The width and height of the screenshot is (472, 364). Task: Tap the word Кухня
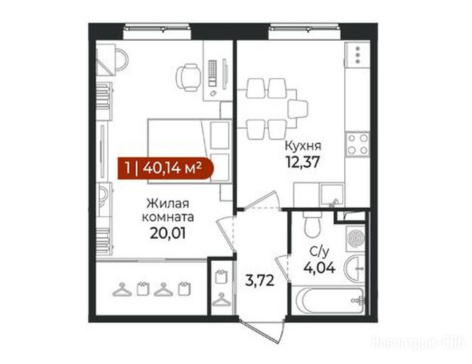(x=303, y=146)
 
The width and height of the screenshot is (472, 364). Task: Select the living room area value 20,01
(x=167, y=233)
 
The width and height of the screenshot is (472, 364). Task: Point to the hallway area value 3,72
(x=259, y=281)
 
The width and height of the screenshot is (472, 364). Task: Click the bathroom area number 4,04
(x=319, y=267)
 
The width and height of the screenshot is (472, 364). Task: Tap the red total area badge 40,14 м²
(x=166, y=168)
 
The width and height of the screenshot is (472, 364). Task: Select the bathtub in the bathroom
(x=330, y=300)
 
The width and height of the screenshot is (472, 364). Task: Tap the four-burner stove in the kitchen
(x=358, y=144)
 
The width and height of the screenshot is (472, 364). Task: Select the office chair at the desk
(x=189, y=77)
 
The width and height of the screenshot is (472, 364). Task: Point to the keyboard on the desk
(x=213, y=73)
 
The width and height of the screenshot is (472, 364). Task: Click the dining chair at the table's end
(x=298, y=109)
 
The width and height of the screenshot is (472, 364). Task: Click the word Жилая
(x=168, y=203)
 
